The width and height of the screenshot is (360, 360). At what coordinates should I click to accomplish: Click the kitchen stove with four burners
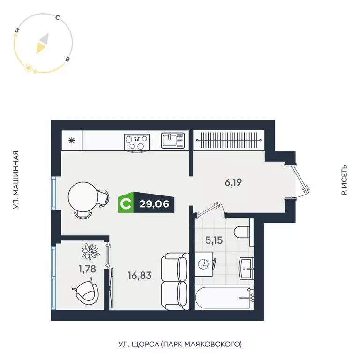137,142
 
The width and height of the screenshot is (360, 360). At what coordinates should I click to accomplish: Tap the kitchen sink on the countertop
173,140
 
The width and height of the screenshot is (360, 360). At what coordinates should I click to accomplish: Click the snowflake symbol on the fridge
72,140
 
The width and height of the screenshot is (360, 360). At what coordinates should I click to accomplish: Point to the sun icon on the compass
29,68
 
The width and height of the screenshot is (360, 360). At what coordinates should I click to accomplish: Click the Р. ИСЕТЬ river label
345,180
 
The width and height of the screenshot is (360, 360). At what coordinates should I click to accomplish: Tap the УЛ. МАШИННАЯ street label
15,180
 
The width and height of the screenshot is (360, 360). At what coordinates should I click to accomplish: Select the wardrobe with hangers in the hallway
229,139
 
